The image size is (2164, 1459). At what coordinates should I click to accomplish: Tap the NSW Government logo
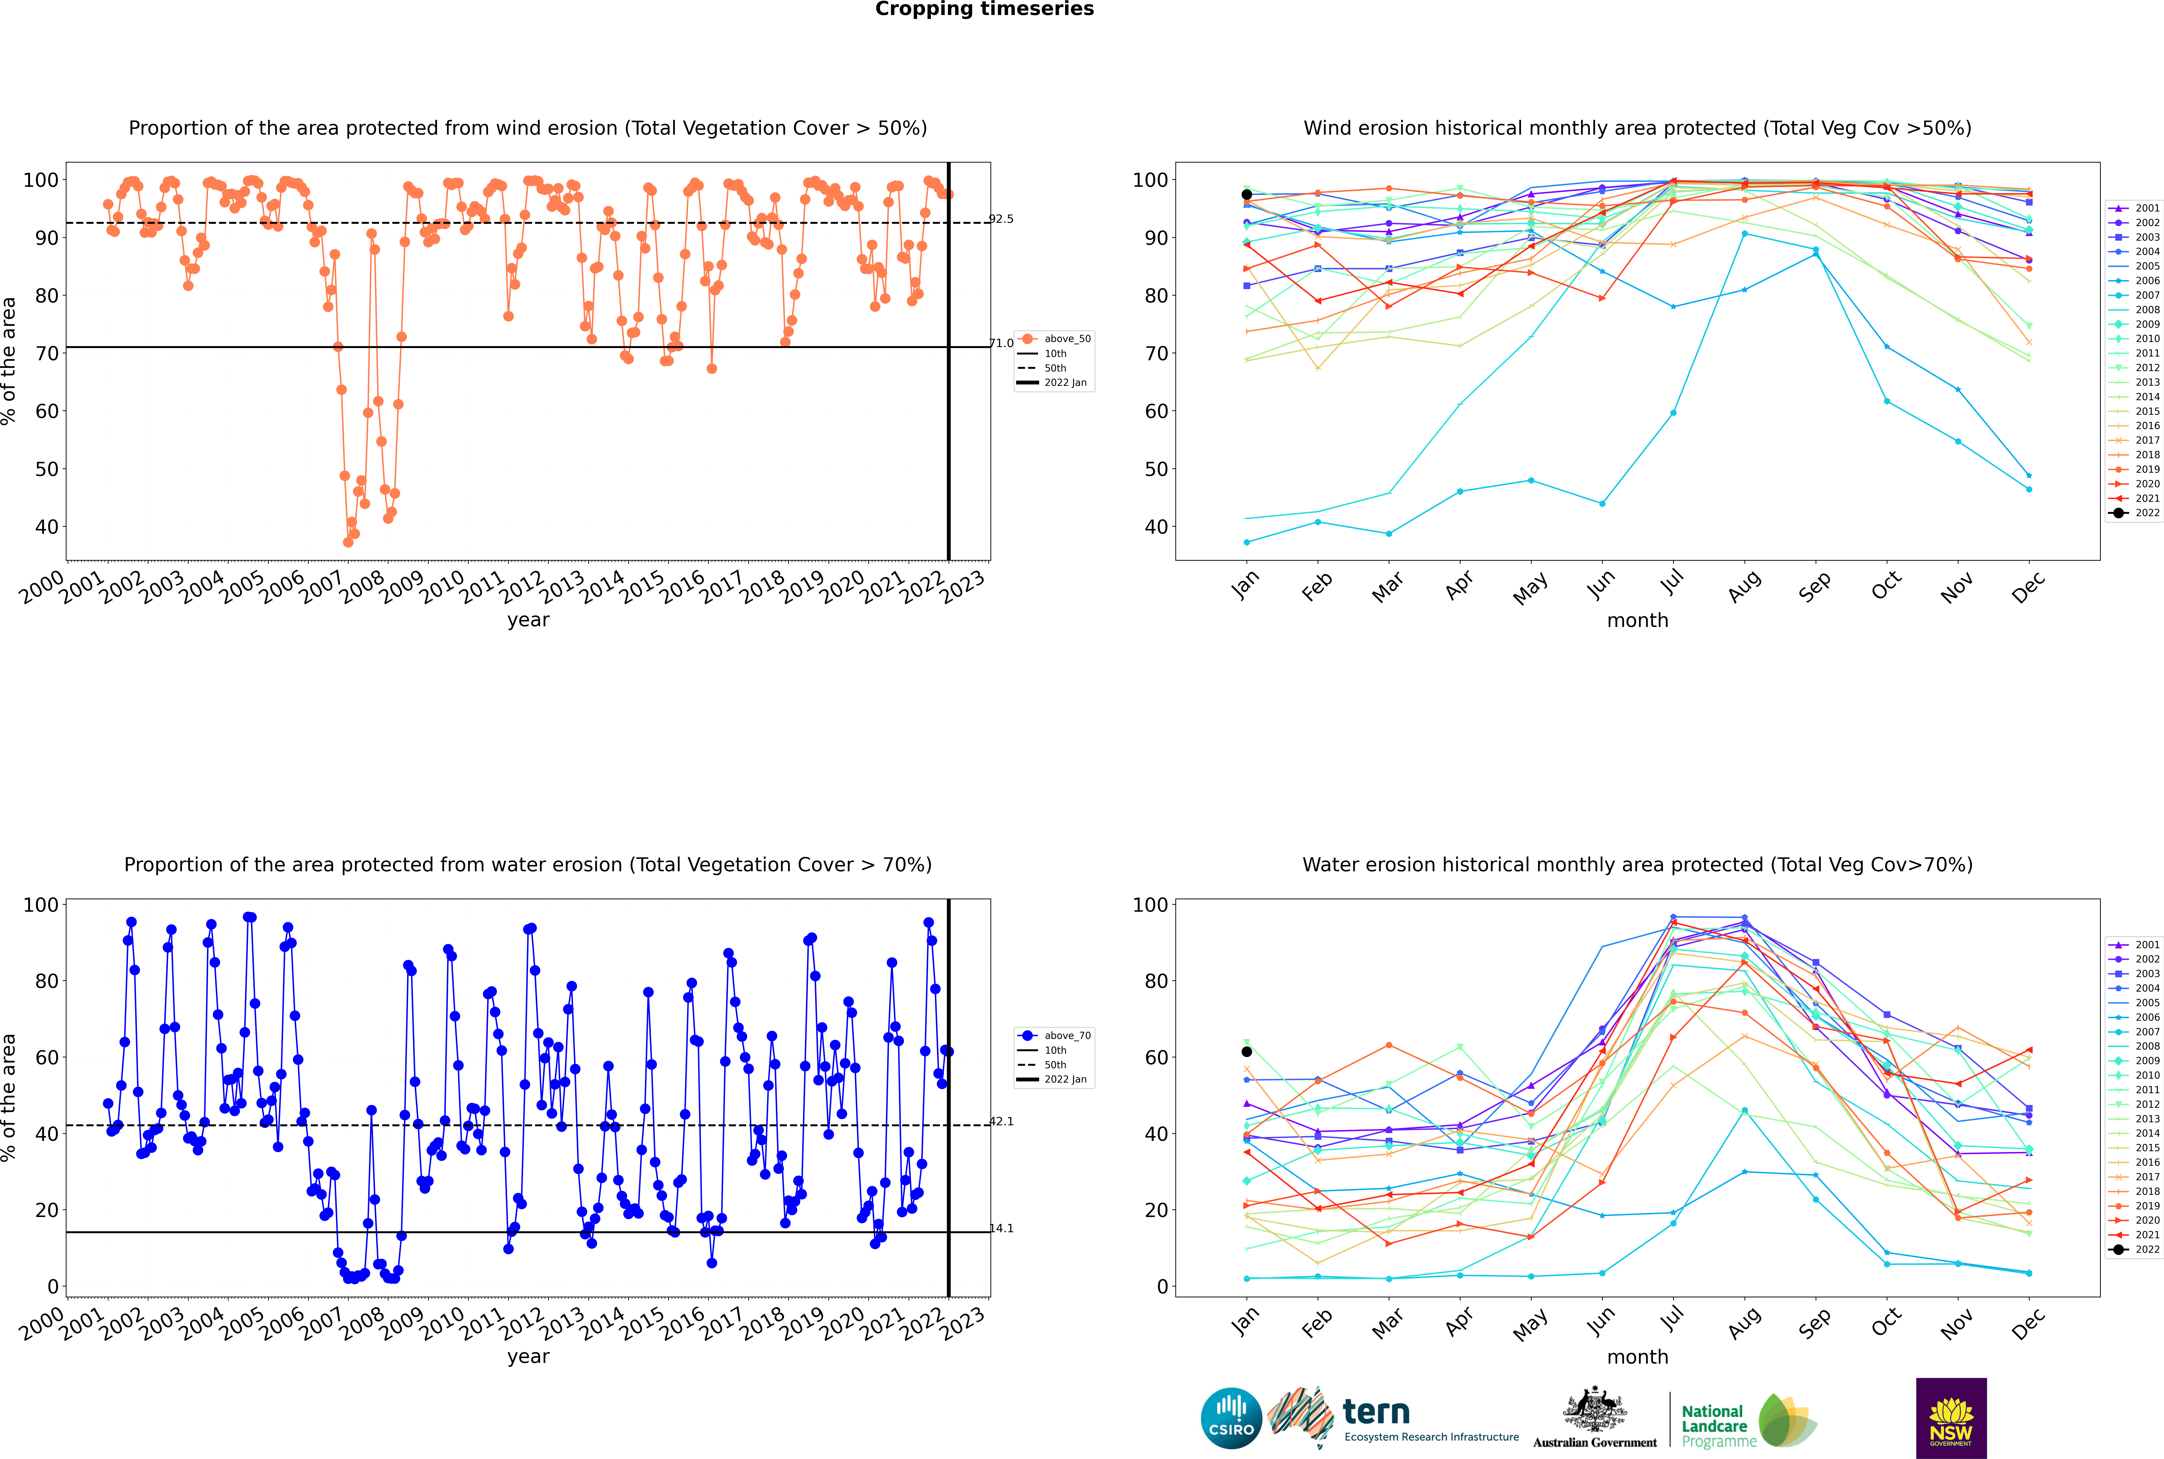(1951, 1418)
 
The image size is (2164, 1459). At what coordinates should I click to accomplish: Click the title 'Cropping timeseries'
(984, 9)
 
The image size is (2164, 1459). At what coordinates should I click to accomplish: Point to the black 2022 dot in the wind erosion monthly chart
(1247, 194)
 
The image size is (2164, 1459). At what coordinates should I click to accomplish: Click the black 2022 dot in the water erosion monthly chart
(1247, 1051)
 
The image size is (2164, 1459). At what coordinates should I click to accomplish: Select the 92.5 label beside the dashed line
(1001, 220)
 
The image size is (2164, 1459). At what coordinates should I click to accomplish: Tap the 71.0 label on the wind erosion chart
(1001, 343)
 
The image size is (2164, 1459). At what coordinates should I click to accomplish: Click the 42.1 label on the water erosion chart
(1001, 1121)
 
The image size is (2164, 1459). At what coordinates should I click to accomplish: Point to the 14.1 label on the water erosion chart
(1001, 1228)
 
